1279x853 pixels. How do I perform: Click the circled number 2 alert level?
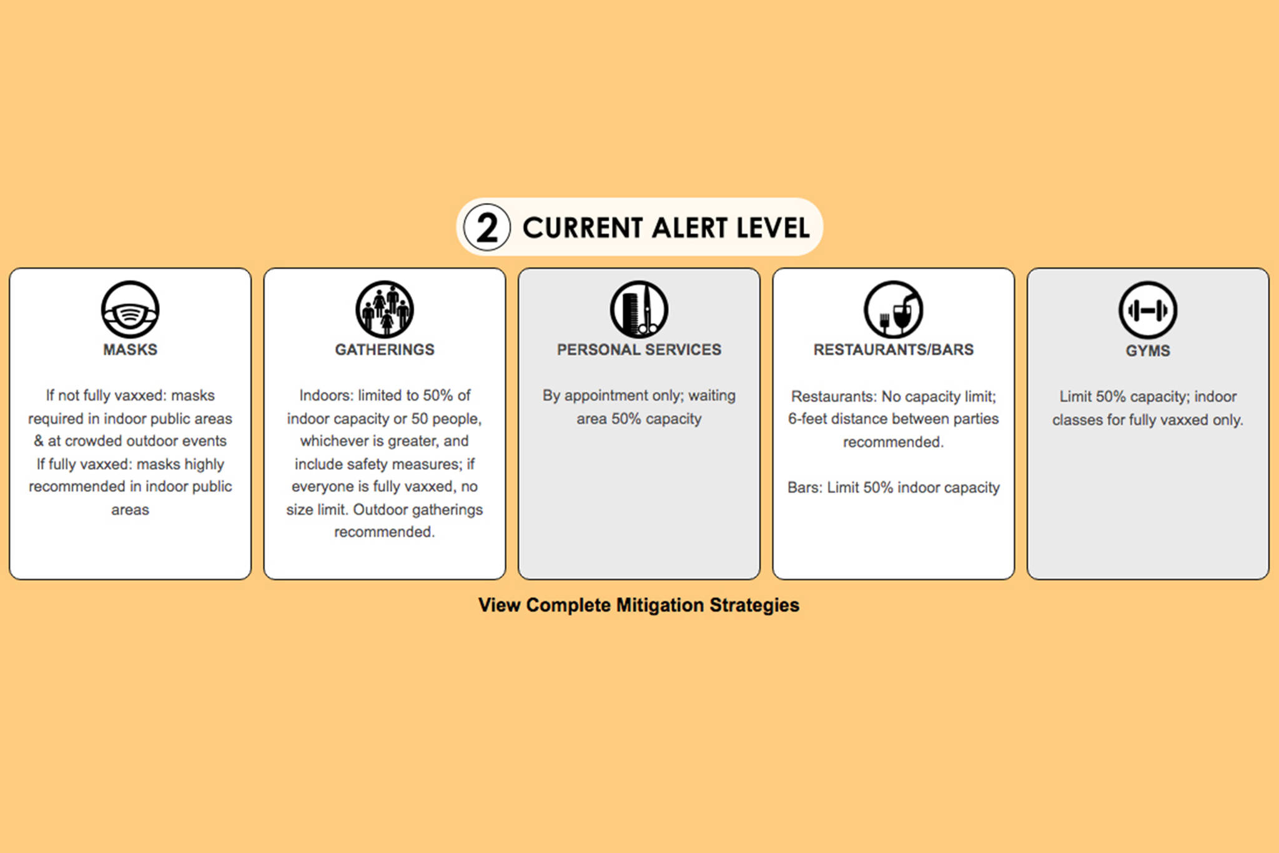[487, 227]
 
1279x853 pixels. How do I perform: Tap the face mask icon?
[130, 310]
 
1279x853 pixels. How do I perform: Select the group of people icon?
[385, 310]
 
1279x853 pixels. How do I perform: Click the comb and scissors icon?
[639, 310]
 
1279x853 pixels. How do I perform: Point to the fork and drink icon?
[894, 310]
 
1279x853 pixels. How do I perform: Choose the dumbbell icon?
[1148, 310]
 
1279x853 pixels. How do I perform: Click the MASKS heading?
[130, 350]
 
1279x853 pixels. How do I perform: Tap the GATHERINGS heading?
[385, 350]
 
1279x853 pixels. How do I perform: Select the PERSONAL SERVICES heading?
[639, 350]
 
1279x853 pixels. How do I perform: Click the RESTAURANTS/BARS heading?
[894, 350]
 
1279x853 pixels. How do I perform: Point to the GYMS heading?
[1148, 351]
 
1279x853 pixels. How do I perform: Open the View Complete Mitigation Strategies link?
[639, 605]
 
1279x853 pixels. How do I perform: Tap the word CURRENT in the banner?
[583, 227]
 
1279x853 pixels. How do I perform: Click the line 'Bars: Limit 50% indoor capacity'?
[894, 487]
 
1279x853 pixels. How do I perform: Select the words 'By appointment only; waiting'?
[639, 396]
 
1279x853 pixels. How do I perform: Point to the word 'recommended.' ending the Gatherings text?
[385, 532]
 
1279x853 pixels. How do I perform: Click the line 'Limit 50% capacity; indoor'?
[1148, 397]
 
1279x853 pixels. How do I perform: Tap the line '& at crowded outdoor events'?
[130, 441]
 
